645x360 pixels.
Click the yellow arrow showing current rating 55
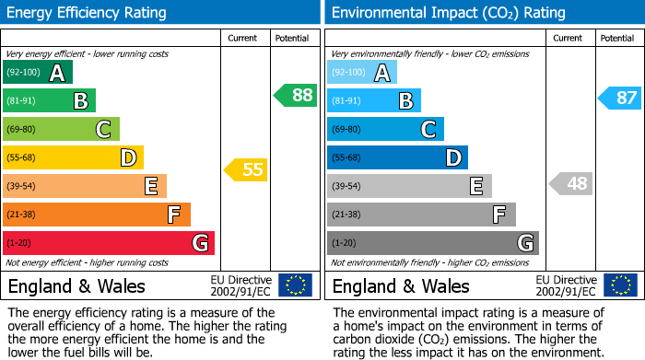point(245,169)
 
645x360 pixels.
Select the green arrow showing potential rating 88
point(295,95)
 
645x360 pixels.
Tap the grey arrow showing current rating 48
point(570,183)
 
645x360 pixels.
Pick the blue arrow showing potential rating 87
point(619,98)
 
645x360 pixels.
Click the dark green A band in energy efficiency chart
point(38,73)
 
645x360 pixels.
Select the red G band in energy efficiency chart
point(109,243)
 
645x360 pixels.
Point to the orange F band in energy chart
point(97,215)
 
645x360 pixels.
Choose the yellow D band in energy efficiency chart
point(74,157)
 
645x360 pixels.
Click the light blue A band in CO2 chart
point(362,73)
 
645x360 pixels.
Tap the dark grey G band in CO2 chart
point(433,243)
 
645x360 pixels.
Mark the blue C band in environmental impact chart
point(386,129)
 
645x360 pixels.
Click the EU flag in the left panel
point(295,285)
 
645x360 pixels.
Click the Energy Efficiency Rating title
point(88,13)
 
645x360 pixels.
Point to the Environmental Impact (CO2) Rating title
point(448,13)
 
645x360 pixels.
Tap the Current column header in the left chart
point(242,38)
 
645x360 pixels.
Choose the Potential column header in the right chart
point(616,38)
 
